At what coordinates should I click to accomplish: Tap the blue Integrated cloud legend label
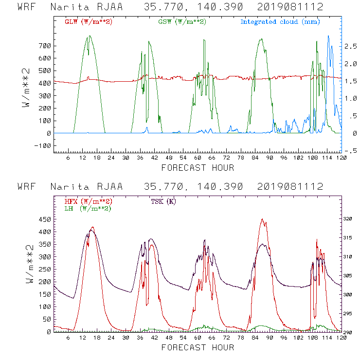(x=280, y=22)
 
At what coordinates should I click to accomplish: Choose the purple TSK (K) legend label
(x=164, y=201)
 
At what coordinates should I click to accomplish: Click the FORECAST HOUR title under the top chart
(x=198, y=168)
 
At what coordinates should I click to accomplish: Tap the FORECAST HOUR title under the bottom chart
(x=198, y=347)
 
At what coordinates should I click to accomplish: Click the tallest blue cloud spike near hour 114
(x=328, y=36)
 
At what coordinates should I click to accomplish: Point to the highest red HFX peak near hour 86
(x=262, y=219)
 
